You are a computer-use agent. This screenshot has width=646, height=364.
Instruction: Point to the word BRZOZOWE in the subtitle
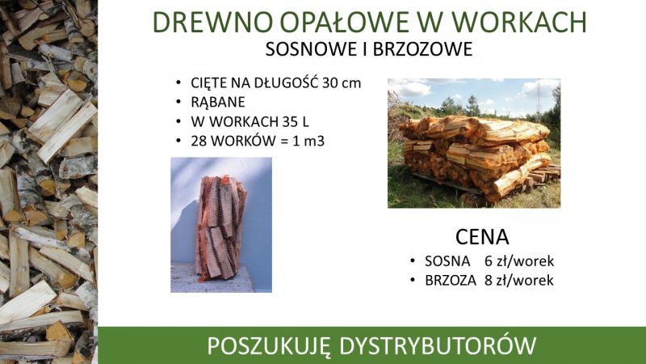click(x=422, y=49)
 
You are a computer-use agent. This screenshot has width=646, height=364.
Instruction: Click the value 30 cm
click(x=342, y=83)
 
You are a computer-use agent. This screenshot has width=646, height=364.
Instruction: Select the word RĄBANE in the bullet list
click(x=218, y=102)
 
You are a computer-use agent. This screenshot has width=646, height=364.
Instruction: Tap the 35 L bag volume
click(x=296, y=122)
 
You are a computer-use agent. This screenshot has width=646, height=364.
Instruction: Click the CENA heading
click(x=482, y=237)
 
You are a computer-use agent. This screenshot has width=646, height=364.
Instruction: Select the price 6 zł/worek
click(x=519, y=261)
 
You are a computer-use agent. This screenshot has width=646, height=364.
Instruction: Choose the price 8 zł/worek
click(x=519, y=281)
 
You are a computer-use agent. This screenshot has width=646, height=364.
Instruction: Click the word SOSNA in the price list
click(x=447, y=261)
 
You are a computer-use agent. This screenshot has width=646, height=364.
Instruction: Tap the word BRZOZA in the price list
click(x=451, y=281)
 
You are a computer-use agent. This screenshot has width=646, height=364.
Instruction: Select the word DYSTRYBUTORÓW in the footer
click(x=438, y=345)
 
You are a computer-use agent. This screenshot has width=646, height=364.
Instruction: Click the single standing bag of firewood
click(x=220, y=228)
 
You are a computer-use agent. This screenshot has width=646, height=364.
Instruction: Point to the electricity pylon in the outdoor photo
click(x=539, y=99)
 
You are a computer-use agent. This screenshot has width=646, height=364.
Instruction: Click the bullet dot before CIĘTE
click(x=178, y=83)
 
